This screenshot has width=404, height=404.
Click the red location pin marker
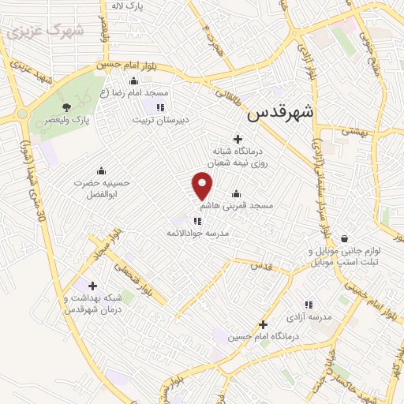click(203, 186)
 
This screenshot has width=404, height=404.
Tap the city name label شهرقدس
click(280, 112)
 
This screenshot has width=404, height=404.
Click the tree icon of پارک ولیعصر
click(67, 108)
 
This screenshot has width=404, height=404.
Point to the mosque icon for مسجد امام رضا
click(133, 80)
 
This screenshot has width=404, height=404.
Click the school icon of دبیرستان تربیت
click(161, 107)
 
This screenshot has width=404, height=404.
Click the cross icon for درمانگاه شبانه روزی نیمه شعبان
click(238, 139)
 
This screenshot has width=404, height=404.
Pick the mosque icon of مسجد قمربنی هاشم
click(236, 193)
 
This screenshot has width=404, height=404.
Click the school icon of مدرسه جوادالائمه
click(196, 222)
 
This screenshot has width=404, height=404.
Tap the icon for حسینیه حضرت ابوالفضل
click(101, 170)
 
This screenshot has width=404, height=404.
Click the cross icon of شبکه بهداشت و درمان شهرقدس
click(93, 286)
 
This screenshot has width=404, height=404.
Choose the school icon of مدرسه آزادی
click(309, 304)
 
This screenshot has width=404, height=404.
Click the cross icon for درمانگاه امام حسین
click(263, 324)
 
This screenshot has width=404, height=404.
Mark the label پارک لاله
click(128, 6)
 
